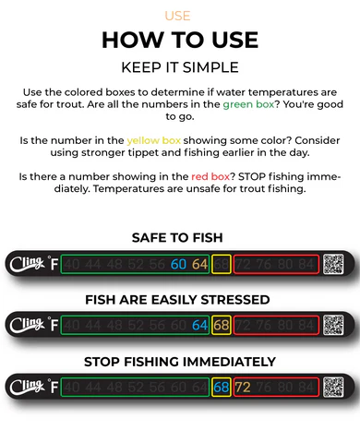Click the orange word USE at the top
pos(179,16)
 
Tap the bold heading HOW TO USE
pos(180,40)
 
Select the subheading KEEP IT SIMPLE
pos(180,67)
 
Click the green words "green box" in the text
pos(248,104)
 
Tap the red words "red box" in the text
pos(211,175)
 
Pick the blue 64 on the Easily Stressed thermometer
pos(199,326)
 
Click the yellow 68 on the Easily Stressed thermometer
pos(221,326)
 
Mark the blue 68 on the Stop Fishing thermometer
pos(221,386)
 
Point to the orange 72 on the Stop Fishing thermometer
pos(243,386)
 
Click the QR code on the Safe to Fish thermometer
pos(333,265)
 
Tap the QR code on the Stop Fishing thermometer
pos(333,386)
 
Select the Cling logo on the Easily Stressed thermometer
pos(24,325)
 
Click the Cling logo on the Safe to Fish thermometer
pos(24,265)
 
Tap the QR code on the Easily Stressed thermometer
pos(333,325)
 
